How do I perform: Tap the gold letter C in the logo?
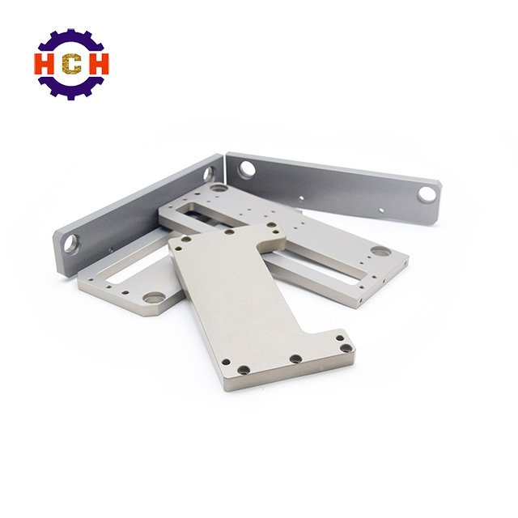(71, 63)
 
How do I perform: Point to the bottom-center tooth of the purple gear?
(71, 96)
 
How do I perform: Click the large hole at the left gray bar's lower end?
(71, 244)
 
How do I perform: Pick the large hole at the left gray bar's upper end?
(209, 174)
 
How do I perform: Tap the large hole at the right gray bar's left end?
(247, 168)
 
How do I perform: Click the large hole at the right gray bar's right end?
(427, 194)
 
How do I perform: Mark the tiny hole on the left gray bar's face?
(111, 249)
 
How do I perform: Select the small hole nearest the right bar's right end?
(381, 210)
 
